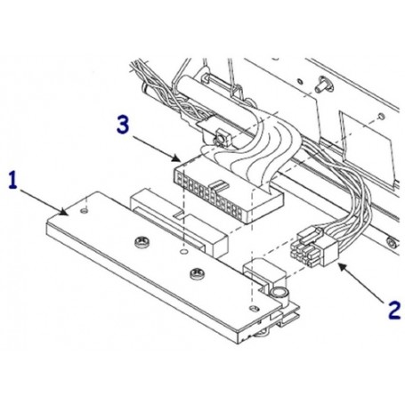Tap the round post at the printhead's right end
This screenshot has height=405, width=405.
(x=278, y=292)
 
